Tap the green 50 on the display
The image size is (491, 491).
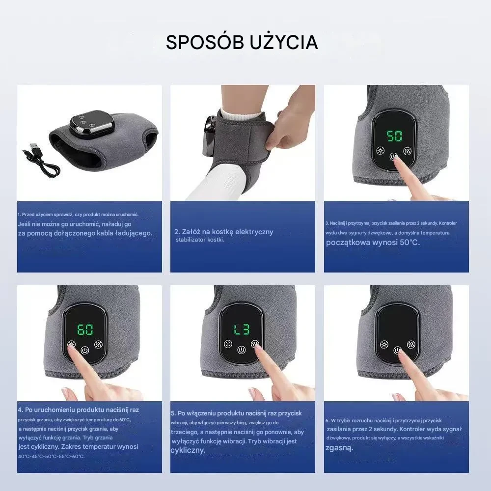tap(394, 136)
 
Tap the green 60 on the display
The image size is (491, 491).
tap(85, 329)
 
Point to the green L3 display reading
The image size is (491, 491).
tap(241, 329)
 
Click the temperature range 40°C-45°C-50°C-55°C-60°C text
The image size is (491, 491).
tap(51, 456)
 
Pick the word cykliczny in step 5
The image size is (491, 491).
tap(188, 450)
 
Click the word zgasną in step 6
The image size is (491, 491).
tap(339, 448)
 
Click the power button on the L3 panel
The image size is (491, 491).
tap(241, 351)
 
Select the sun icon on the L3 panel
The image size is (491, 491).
tap(227, 344)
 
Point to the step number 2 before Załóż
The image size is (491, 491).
tap(176, 232)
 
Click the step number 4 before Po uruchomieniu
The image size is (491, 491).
tap(20, 409)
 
